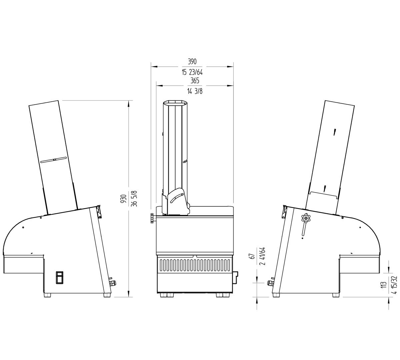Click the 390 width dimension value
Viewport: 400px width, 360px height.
click(192, 62)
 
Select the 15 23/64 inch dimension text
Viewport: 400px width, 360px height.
click(192, 72)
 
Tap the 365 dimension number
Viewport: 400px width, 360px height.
click(195, 81)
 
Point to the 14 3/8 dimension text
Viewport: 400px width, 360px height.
click(195, 91)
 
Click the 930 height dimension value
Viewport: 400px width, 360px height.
click(124, 199)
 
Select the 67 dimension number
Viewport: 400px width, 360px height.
click(252, 256)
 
